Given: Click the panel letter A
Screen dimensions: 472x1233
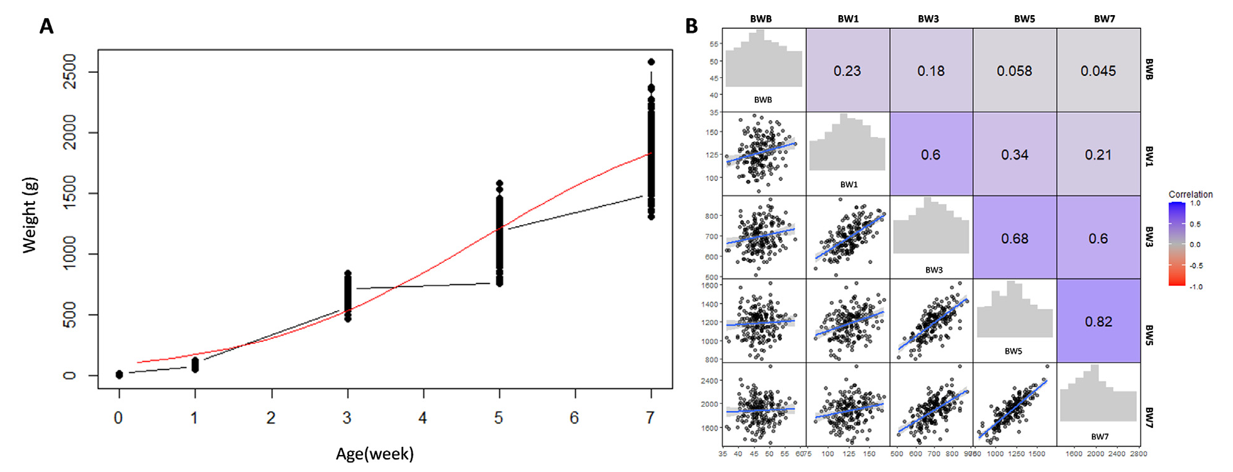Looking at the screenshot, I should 46,26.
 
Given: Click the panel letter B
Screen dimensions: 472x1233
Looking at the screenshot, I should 691,26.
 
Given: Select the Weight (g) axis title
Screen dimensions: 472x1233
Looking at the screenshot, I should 30,216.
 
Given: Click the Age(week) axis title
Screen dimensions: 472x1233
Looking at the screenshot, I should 375,454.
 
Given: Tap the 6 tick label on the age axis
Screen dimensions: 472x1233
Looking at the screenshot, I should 575,418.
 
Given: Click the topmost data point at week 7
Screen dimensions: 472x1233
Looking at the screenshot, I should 651,62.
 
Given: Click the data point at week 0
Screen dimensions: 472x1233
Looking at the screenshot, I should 120,375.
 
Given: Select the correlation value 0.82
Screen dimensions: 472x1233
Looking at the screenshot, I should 1098,322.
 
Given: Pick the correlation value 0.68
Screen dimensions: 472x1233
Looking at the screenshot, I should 1015,239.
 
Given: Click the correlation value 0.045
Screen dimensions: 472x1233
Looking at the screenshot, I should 1098,71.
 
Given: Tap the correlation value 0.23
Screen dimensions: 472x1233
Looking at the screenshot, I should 847,71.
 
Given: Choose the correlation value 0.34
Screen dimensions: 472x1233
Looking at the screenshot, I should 1015,155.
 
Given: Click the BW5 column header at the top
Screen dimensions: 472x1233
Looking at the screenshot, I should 1024,19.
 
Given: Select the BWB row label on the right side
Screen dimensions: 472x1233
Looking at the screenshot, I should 1149,70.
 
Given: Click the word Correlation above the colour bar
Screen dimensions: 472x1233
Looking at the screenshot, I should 1190,194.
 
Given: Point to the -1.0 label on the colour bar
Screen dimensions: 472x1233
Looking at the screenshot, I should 1195,287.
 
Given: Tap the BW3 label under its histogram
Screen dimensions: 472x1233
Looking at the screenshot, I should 934,270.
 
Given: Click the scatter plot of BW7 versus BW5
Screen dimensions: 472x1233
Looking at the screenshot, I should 1015,404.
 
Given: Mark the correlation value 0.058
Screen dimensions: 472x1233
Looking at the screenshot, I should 1014,71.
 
